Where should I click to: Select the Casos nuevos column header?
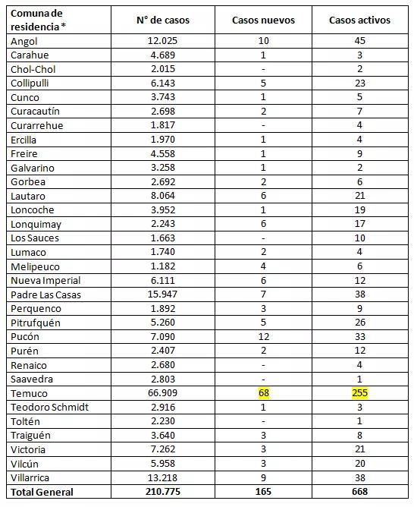pyautogui.click(x=263, y=20)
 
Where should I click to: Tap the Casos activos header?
pyautogui.click(x=359, y=20)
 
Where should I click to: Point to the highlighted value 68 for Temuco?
pyautogui.click(x=262, y=393)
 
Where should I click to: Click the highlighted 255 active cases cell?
pyautogui.click(x=360, y=393)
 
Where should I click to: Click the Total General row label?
pyautogui.click(x=42, y=492)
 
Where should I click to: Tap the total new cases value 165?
pyautogui.click(x=262, y=492)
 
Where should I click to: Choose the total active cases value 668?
pyautogui.click(x=360, y=492)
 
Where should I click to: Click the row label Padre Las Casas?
pyautogui.click(x=45, y=294)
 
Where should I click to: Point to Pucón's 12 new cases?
pyautogui.click(x=262, y=336)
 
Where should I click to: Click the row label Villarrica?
pyautogui.click(x=30, y=477)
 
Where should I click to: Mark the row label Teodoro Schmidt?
pyautogui.click(x=49, y=407)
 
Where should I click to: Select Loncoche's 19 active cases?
pyautogui.click(x=360, y=210)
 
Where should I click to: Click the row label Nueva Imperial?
pyautogui.click(x=45, y=280)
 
